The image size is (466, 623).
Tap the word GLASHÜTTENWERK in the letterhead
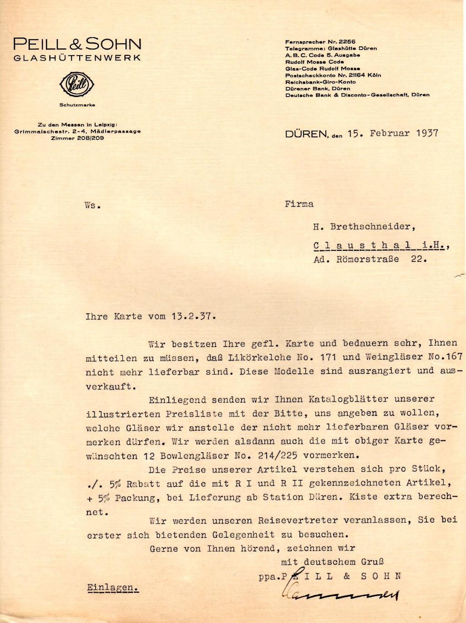coord(77,58)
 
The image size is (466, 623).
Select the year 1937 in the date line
coord(426,133)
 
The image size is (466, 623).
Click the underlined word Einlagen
coord(112,587)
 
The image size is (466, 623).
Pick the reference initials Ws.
coord(92,205)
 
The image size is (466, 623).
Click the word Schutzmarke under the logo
coord(77,105)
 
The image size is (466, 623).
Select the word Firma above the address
coord(299,204)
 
